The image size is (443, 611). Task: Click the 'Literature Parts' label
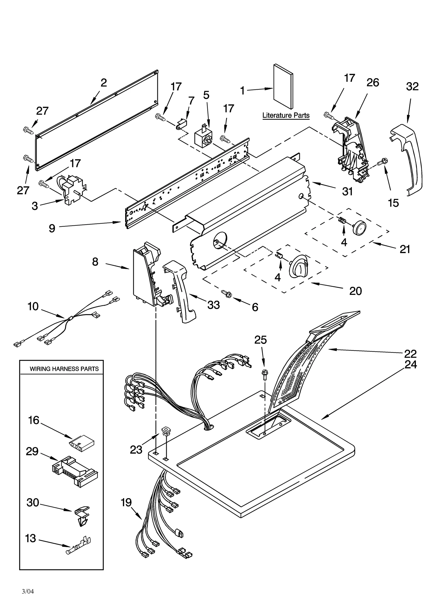[x=286, y=115]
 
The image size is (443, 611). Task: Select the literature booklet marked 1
[x=283, y=87]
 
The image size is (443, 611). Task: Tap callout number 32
[x=412, y=87]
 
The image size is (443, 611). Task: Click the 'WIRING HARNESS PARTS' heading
[x=64, y=369]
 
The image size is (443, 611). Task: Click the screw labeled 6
[x=226, y=293]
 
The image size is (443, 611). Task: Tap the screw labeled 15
[x=384, y=160]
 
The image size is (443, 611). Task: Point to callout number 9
[x=52, y=228]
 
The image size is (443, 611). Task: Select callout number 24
[x=411, y=365]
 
